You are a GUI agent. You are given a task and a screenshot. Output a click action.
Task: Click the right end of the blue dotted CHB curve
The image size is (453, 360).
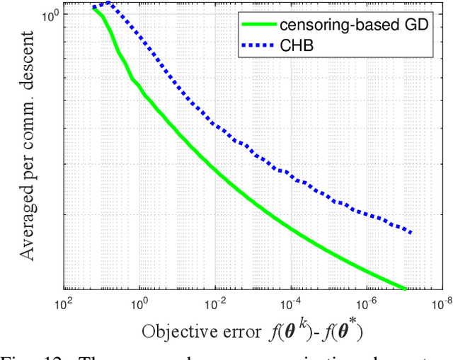tap(411, 232)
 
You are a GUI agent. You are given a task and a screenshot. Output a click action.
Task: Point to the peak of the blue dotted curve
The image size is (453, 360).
tap(108, 4)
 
